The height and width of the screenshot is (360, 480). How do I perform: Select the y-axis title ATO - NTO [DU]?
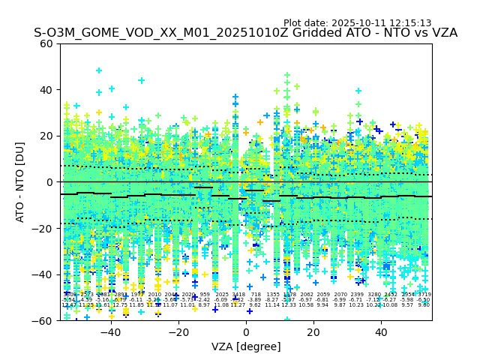(21, 182)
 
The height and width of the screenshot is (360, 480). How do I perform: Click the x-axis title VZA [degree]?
(246, 346)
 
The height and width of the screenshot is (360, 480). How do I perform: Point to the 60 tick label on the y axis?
(46, 43)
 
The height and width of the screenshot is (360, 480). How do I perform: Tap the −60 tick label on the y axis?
(43, 320)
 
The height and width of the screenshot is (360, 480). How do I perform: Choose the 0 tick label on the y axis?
(50, 182)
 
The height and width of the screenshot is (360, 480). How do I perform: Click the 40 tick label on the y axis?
(46, 90)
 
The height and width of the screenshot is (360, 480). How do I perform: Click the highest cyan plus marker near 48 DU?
(98, 70)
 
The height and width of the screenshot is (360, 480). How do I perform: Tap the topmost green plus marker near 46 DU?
(286, 76)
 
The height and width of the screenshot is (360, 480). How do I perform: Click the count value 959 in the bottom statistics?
(205, 295)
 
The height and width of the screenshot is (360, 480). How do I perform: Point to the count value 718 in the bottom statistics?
(256, 295)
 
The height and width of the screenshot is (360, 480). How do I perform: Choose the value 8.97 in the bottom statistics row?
(204, 305)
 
